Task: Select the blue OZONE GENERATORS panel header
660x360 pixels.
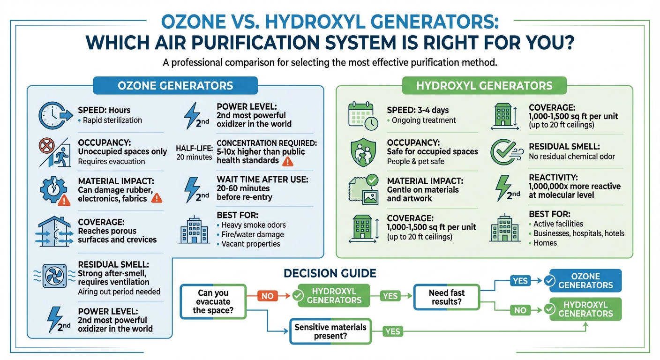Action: click(x=175, y=86)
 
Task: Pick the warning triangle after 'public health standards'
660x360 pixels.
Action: click(x=286, y=161)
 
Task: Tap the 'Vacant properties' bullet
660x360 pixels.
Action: click(x=250, y=244)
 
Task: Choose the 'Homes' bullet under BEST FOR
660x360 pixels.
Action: click(x=546, y=243)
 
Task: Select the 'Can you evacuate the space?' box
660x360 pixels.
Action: click(x=213, y=301)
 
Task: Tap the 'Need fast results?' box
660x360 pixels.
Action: click(x=447, y=297)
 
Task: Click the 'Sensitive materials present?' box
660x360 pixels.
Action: click(x=330, y=331)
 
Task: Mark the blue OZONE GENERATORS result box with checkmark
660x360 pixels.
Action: click(x=585, y=280)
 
